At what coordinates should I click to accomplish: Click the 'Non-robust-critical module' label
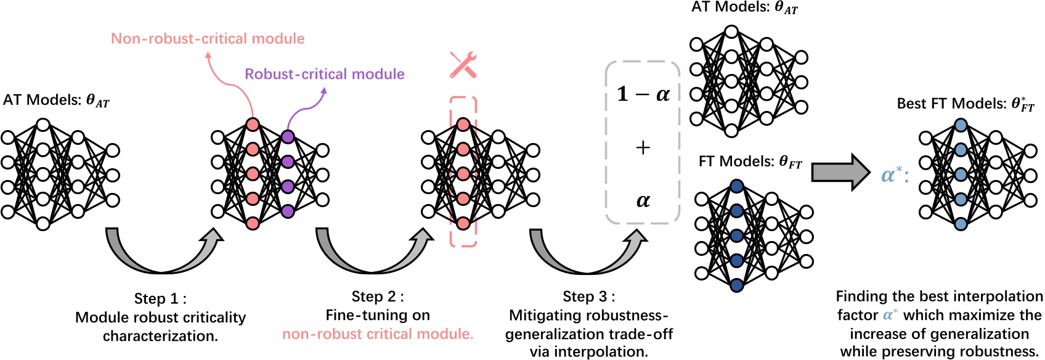pos(208,39)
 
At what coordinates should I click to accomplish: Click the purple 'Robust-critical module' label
pos(325,74)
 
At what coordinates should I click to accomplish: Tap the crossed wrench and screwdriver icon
pos(463,65)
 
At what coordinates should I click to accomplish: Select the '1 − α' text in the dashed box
pos(643,94)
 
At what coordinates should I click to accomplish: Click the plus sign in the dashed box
pos(643,147)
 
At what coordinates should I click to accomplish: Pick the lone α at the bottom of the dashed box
pos(643,200)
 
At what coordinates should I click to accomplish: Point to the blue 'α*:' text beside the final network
pos(895,175)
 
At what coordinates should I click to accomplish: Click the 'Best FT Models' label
pos(965,104)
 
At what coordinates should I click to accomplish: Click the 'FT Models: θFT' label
pos(750,162)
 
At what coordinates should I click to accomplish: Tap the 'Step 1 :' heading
pos(160,299)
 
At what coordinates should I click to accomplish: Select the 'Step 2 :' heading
pos(378,297)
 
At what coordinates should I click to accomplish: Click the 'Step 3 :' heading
pos(588,297)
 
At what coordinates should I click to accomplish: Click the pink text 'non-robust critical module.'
pos(378,334)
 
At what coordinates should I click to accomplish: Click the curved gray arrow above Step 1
pos(161,259)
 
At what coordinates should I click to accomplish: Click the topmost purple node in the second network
pos(287,136)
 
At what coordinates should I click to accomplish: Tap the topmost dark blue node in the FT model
pos(736,186)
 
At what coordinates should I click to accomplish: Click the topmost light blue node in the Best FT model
pos(961,125)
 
